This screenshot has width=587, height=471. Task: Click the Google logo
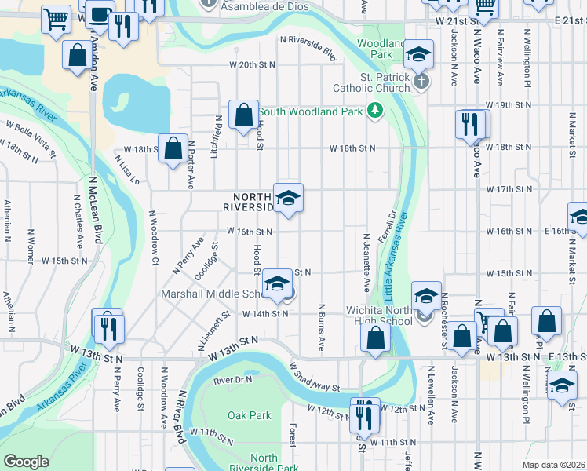click(27, 462)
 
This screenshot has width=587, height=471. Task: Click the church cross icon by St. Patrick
click(421, 81)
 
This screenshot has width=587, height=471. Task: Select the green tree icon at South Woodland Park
click(375, 111)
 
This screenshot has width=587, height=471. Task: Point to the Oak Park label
click(249, 415)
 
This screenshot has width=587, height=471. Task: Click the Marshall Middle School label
click(211, 294)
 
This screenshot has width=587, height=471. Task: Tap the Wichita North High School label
click(379, 316)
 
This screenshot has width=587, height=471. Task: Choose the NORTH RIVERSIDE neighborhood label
click(247, 202)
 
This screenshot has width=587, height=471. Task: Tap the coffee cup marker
click(99, 14)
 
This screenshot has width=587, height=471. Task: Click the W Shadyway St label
click(313, 377)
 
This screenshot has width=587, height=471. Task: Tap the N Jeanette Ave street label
click(366, 258)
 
